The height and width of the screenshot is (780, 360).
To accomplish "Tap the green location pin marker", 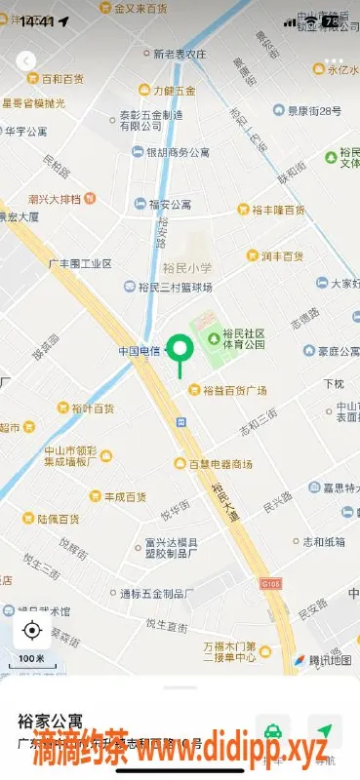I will [x=180, y=349].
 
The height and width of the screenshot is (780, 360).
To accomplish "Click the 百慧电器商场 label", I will [x=220, y=463].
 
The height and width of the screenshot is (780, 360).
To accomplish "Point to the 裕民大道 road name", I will [x=225, y=493].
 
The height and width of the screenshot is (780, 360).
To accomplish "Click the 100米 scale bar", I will [x=32, y=660].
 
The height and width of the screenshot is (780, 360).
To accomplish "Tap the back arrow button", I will [x=25, y=61].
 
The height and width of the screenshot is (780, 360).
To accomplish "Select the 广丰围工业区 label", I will [x=80, y=263].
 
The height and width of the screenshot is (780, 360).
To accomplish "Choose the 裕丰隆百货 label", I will [x=278, y=210].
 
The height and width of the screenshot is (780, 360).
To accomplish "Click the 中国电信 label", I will [x=139, y=351].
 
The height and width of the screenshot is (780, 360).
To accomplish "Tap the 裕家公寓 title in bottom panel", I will [x=46, y=721].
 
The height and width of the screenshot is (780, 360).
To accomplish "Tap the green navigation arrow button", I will [x=325, y=731].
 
